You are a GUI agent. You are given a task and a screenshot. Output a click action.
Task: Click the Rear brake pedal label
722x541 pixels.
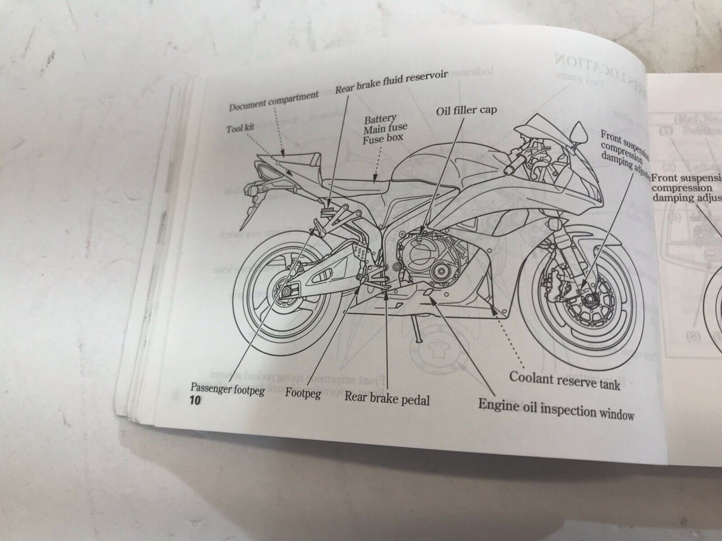click(x=387, y=399)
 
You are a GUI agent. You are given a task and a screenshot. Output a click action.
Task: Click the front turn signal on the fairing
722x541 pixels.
click(x=553, y=223)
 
